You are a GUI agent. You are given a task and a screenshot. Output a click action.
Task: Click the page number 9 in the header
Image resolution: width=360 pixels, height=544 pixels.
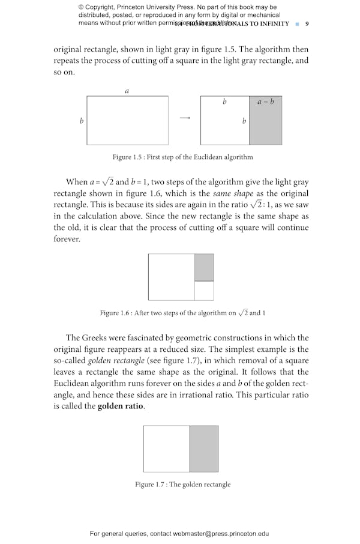tap(307, 24)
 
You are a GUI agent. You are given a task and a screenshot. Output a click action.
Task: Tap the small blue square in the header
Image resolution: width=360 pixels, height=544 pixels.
tap(297, 24)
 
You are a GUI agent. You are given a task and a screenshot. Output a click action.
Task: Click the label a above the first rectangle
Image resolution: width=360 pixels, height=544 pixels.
tap(127, 91)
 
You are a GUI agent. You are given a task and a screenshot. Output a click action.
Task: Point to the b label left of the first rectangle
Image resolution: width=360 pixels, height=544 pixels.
tap(82, 121)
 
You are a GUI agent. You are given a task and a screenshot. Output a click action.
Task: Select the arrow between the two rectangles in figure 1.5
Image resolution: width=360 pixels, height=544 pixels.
tap(185, 118)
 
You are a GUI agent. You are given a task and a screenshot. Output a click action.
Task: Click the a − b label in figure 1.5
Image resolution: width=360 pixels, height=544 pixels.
tap(265, 101)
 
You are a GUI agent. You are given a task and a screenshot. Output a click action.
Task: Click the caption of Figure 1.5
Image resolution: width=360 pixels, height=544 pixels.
tap(182, 157)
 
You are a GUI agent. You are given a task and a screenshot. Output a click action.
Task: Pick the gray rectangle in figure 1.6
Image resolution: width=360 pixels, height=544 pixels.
tap(204, 267)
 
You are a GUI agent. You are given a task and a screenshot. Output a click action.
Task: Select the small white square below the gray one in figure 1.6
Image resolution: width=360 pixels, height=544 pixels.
tap(204, 291)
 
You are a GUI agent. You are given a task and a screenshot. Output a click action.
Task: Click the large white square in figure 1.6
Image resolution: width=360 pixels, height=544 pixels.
tap(171, 277)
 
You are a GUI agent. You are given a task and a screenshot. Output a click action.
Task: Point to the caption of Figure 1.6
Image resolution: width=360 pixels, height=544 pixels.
tap(182, 313)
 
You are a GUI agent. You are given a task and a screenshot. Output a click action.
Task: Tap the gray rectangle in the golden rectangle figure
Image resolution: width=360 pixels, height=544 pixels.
tap(204, 449)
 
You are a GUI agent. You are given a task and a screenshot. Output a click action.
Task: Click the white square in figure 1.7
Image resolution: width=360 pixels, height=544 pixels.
tap(166, 449)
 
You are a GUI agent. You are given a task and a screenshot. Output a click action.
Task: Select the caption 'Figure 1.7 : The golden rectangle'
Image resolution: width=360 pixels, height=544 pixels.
tap(182, 485)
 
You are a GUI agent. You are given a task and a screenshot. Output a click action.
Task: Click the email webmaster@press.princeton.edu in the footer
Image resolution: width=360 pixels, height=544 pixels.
tap(218, 533)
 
